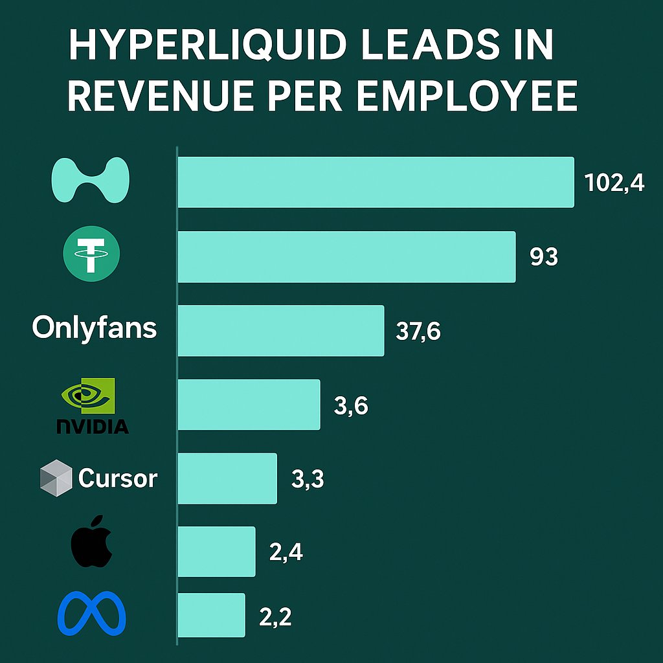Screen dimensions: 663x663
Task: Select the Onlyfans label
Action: [x=95, y=328]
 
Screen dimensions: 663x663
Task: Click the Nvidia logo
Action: [x=91, y=405]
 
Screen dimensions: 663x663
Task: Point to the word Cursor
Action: [x=118, y=479]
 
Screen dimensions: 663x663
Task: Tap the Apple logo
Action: [x=92, y=542]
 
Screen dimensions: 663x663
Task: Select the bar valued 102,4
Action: [x=376, y=182]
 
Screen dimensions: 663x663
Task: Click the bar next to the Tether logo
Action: [x=346, y=256]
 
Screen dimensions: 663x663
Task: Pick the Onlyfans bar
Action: [x=280, y=330]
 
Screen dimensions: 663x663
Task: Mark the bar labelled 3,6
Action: [x=249, y=405]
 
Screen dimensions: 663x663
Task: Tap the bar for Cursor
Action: [x=227, y=478]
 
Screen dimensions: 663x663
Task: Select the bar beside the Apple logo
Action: [x=216, y=552]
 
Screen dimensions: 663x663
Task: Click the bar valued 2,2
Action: [x=211, y=615]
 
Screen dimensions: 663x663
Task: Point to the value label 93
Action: [x=544, y=258]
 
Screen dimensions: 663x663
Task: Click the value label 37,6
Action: [x=418, y=332]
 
